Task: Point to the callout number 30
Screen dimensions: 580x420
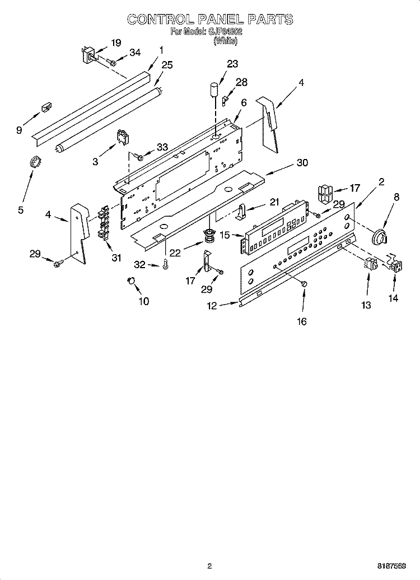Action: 302,163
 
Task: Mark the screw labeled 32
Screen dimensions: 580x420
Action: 166,265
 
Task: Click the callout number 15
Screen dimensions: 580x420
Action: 224,236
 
